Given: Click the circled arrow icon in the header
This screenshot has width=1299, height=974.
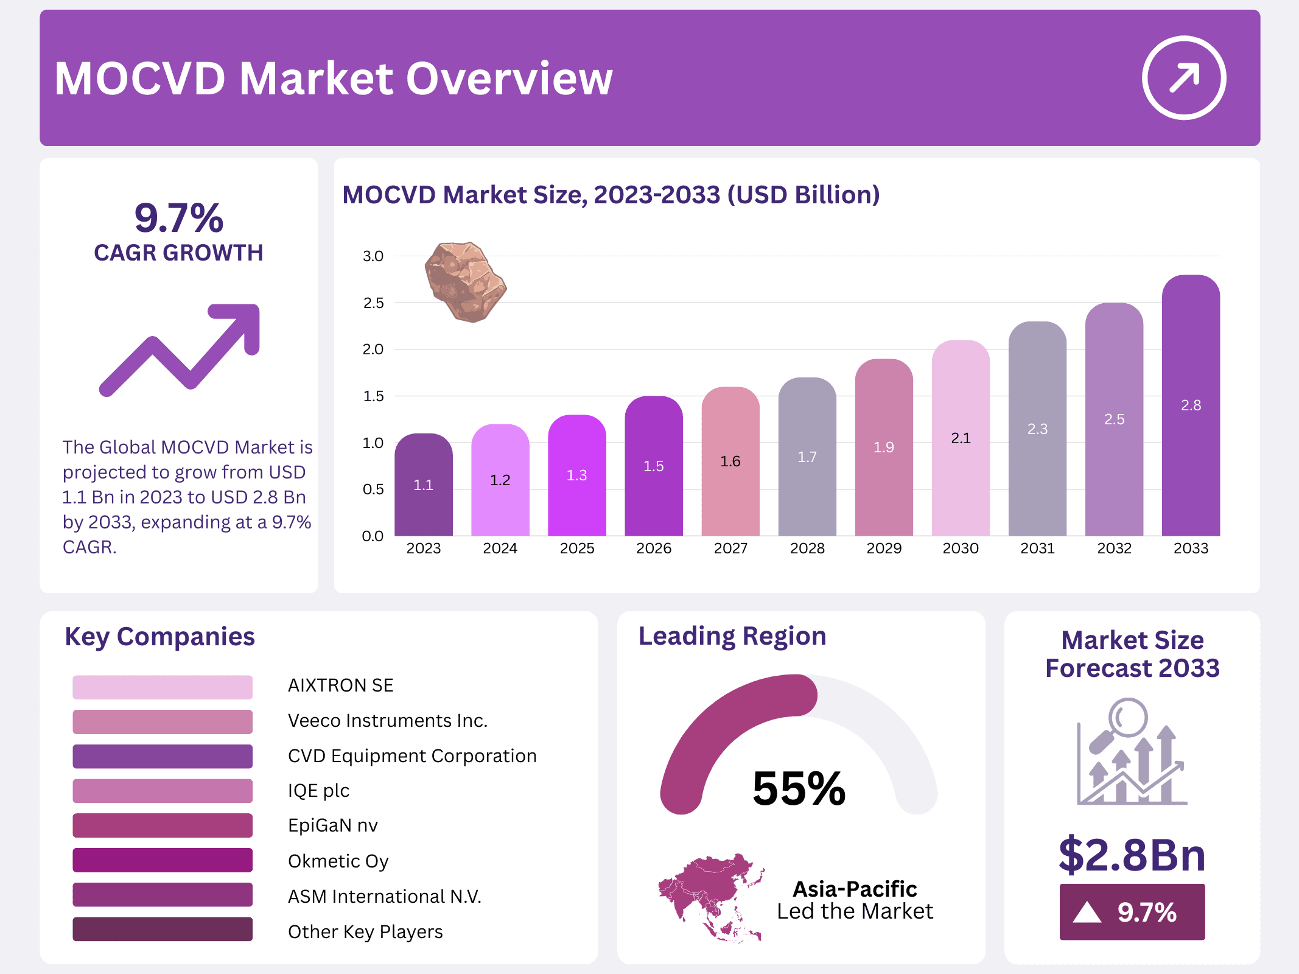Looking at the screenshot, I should click(x=1183, y=78).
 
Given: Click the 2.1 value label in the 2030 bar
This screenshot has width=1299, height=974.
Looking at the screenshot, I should click(x=960, y=438).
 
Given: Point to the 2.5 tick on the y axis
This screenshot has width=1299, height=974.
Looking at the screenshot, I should click(x=373, y=303).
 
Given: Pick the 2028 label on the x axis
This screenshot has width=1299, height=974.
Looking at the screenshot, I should click(x=807, y=548).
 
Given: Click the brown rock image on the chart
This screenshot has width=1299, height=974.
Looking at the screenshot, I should click(x=465, y=281).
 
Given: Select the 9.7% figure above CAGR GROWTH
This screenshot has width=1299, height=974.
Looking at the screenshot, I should click(x=178, y=217).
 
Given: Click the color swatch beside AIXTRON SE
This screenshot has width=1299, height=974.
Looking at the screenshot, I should click(x=162, y=687).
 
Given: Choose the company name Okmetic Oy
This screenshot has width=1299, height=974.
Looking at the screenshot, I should click(x=338, y=861).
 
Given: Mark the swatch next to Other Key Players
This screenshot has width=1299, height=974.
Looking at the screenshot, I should click(x=162, y=929).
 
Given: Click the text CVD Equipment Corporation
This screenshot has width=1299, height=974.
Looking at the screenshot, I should click(x=412, y=755).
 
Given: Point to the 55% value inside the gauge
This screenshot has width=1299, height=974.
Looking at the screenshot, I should click(x=799, y=788).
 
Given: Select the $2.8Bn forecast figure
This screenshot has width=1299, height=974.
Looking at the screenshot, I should click(x=1132, y=855).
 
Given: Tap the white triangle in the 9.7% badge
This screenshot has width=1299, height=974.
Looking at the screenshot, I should click(x=1087, y=913).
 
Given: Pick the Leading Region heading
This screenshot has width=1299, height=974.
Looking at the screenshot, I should click(x=732, y=636).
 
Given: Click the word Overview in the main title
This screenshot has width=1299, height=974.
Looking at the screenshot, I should click(x=509, y=79).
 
